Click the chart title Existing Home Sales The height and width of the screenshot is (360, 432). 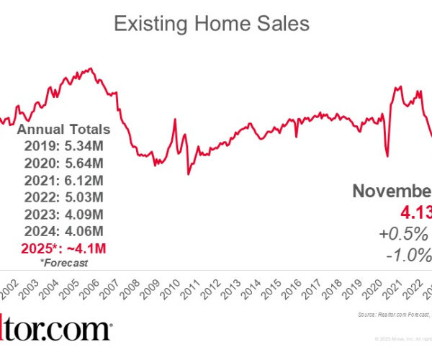[212, 24]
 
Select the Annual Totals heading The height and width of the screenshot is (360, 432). [63, 130]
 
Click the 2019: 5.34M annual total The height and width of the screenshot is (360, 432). [63, 146]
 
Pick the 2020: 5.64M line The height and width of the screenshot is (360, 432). [63, 163]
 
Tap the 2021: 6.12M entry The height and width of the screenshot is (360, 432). [63, 179]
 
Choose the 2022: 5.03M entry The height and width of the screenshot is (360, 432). [63, 197]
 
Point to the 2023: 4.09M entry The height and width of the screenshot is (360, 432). [63, 213]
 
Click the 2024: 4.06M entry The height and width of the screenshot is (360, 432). [63, 230]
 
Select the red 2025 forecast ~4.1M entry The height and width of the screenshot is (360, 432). [63, 248]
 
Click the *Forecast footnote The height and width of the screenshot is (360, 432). [63, 263]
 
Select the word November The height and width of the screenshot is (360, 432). [392, 191]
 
